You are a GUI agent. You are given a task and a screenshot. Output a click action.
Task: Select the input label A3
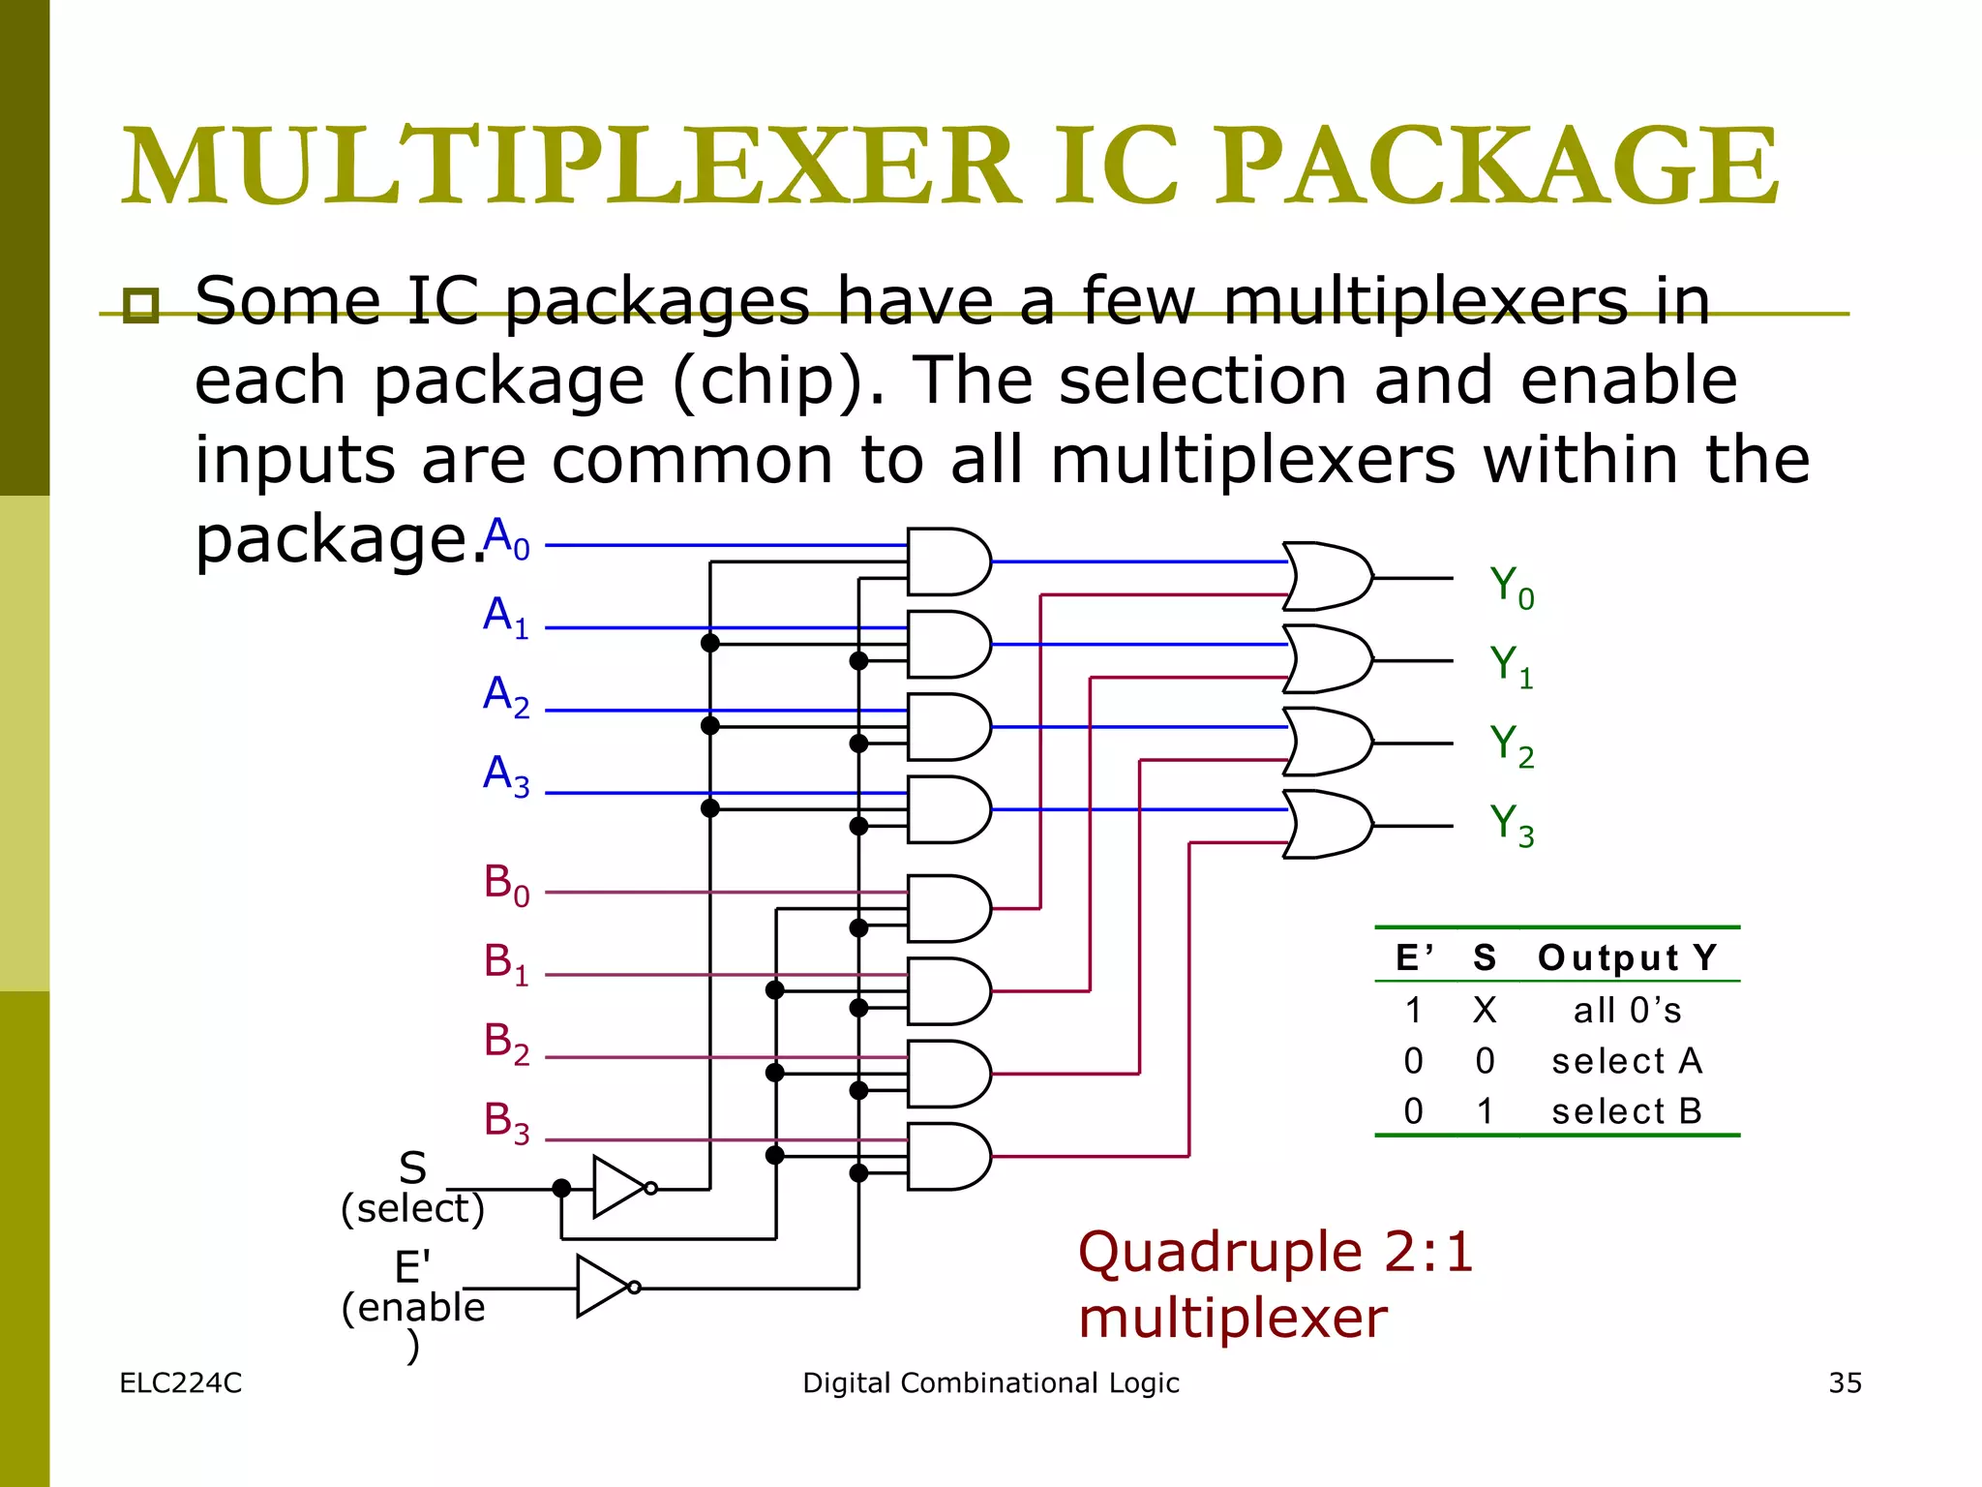pyautogui.click(x=506, y=776)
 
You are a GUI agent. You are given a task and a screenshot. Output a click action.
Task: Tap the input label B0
pyautogui.click(x=506, y=885)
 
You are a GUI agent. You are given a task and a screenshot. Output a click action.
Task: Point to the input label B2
pyautogui.click(x=506, y=1044)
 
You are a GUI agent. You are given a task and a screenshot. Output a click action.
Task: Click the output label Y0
pyautogui.click(x=1512, y=588)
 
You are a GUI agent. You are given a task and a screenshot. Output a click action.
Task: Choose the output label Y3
pyautogui.click(x=1512, y=825)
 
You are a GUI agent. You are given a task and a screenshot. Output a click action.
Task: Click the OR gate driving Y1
pyautogui.click(x=1327, y=659)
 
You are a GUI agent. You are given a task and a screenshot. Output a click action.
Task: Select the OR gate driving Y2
pyautogui.click(x=1327, y=742)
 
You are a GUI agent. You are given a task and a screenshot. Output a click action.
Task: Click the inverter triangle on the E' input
pyautogui.click(x=601, y=1287)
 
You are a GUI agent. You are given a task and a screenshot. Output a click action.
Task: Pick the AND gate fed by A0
pyautogui.click(x=947, y=561)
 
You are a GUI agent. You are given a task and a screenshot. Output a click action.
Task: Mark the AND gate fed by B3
pyautogui.click(x=947, y=1156)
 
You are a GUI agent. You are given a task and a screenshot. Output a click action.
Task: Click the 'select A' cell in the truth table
pyautogui.click(x=1626, y=1061)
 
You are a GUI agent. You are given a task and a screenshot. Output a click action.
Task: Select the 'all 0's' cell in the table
pyautogui.click(x=1626, y=1011)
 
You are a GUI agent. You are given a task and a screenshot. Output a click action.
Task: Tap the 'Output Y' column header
pyautogui.click(x=1627, y=957)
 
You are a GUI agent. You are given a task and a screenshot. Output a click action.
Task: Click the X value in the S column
pyautogui.click(x=1485, y=1011)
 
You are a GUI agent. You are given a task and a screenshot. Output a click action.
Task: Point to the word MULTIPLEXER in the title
pyautogui.click(x=571, y=167)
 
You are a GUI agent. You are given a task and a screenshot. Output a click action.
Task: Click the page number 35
pyautogui.click(x=1845, y=1382)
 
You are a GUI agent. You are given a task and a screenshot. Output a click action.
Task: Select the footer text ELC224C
pyautogui.click(x=181, y=1382)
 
